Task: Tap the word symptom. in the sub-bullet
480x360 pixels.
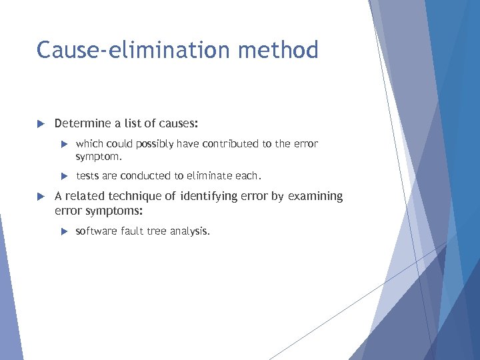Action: click(99, 156)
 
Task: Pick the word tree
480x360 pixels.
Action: click(159, 231)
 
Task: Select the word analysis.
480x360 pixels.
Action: click(191, 231)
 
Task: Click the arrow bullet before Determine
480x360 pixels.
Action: click(41, 124)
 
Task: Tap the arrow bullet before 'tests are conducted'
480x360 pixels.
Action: click(65, 176)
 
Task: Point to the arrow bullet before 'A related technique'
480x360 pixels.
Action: click(41, 197)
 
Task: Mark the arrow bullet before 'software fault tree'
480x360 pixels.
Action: click(65, 231)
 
